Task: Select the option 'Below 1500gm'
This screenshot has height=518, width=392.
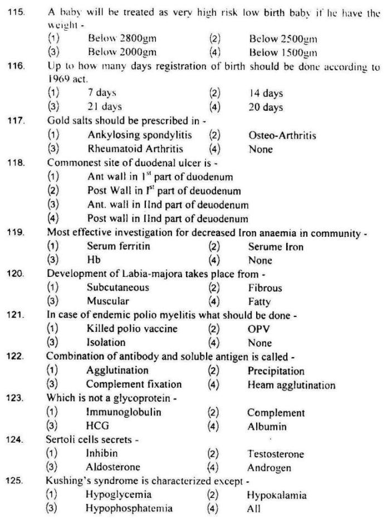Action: (282, 53)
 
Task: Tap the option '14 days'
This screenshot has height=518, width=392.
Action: (266, 94)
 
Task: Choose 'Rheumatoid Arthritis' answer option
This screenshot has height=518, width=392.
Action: (136, 149)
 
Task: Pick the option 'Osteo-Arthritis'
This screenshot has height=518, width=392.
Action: (282, 135)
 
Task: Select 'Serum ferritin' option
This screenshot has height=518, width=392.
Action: (119, 246)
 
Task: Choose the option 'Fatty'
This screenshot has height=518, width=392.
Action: (259, 302)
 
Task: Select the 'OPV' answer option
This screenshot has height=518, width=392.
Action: (258, 329)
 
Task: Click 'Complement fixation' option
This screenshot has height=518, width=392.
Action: (134, 385)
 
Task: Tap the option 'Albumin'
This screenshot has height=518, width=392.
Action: (267, 427)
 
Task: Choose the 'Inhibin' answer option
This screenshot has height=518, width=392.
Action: (101, 454)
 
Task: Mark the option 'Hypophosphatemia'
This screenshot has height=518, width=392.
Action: (129, 509)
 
